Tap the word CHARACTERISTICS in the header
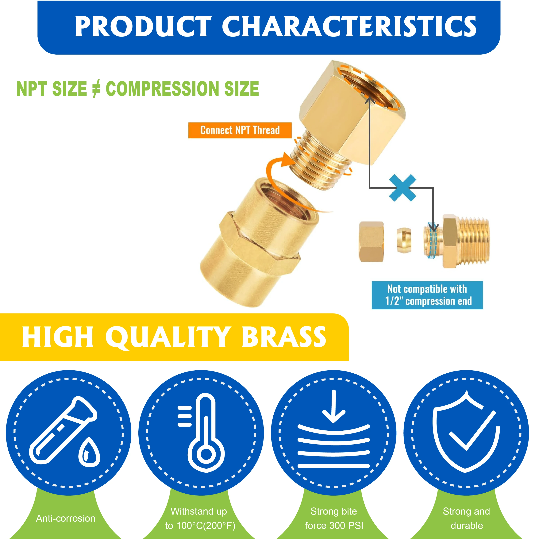(x=349, y=26)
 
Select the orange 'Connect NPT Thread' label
(x=240, y=130)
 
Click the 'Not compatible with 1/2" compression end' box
(x=427, y=295)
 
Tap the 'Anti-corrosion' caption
(x=66, y=518)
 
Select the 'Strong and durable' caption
(x=466, y=518)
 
